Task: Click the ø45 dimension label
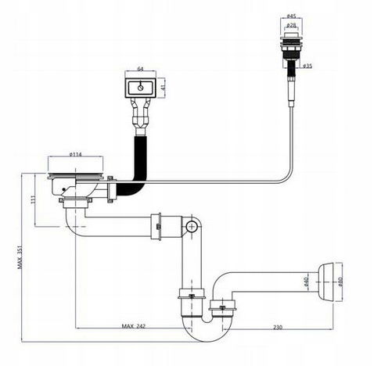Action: (291, 16)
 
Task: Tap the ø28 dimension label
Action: (291, 25)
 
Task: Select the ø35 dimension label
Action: (307, 66)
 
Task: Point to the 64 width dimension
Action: (140, 69)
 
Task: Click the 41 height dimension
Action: (164, 88)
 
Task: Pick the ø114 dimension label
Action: (76, 154)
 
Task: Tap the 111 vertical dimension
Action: (33, 199)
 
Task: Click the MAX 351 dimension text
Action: (20, 257)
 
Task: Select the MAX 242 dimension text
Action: (133, 326)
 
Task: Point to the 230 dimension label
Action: (278, 327)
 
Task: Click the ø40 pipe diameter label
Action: (306, 282)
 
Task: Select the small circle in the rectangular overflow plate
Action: (141, 88)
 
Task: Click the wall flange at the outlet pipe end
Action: (326, 282)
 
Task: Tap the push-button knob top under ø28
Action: (291, 35)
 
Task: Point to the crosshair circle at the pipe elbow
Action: (192, 227)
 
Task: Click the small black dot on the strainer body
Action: (63, 189)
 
